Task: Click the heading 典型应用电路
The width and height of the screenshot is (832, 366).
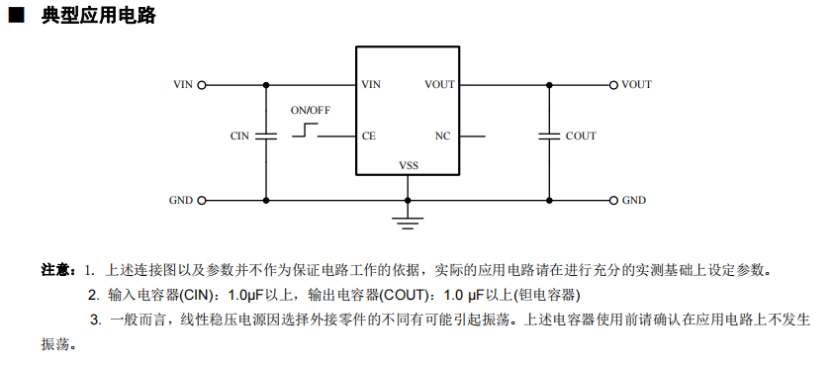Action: click(x=99, y=16)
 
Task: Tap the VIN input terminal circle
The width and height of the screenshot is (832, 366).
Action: click(x=202, y=85)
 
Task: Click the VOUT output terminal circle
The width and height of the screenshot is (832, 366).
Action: click(x=613, y=85)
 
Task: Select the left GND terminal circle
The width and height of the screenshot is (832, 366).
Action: click(x=202, y=201)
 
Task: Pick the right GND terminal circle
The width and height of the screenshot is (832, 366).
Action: click(x=613, y=201)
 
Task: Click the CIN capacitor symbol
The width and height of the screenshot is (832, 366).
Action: click(x=266, y=136)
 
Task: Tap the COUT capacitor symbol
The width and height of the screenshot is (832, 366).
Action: click(x=550, y=136)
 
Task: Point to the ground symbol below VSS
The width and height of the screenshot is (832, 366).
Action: click(x=408, y=223)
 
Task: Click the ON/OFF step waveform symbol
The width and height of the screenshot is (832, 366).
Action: click(x=305, y=131)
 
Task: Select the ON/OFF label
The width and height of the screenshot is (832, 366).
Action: click(x=311, y=111)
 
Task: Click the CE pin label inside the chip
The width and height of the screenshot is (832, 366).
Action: click(x=369, y=137)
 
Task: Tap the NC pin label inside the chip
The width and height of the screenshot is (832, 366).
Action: click(x=442, y=137)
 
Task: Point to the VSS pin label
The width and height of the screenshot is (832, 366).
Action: click(x=408, y=165)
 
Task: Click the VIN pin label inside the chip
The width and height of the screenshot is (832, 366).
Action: click(x=371, y=84)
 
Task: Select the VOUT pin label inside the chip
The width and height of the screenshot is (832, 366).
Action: click(x=439, y=84)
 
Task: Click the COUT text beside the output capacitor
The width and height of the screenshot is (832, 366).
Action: click(x=581, y=137)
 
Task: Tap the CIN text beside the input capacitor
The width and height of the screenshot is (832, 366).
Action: click(x=239, y=137)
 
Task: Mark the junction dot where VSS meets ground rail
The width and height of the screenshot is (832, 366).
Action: click(x=408, y=201)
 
